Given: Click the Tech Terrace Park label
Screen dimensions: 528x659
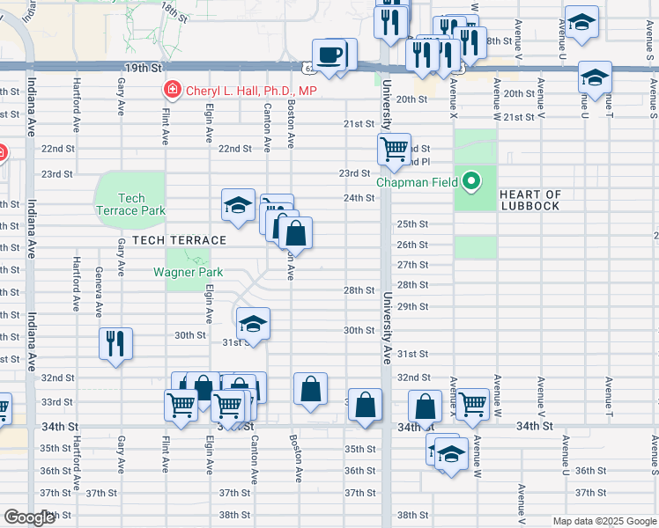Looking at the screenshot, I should click(x=130, y=204).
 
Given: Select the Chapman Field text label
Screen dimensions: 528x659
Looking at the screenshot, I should click(x=418, y=183).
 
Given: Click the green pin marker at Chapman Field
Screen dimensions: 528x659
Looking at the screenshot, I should click(x=472, y=182).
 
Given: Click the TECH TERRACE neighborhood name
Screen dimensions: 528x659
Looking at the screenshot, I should click(x=180, y=240).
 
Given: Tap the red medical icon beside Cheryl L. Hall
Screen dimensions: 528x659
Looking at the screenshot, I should click(x=171, y=90).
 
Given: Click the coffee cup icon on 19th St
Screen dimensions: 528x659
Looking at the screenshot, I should click(x=330, y=55).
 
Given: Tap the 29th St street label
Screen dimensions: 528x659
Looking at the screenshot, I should click(x=412, y=306).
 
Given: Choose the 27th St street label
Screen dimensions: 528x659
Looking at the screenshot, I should click(x=412, y=265).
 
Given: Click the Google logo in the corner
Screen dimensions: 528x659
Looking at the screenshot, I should click(x=29, y=517).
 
